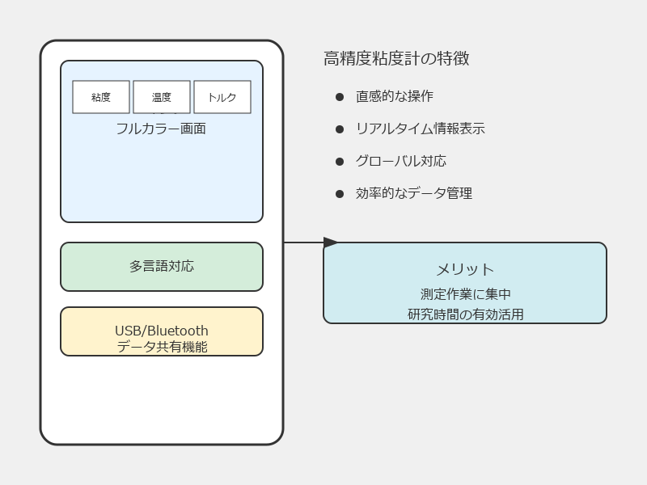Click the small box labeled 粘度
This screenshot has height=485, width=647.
click(101, 97)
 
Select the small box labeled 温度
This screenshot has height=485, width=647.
click(162, 97)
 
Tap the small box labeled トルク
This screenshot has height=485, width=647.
click(222, 97)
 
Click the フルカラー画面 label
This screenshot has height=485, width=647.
click(161, 129)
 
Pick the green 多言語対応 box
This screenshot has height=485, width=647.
click(162, 267)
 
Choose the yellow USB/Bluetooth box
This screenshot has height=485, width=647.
click(162, 331)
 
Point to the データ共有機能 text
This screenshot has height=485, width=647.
click(163, 347)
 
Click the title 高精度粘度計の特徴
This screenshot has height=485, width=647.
click(396, 58)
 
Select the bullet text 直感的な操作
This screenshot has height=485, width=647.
click(395, 96)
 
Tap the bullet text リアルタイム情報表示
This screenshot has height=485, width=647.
click(421, 129)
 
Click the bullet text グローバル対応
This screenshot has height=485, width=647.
click(401, 161)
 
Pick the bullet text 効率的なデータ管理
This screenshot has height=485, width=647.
click(414, 193)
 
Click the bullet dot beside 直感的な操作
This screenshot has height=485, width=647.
click(340, 97)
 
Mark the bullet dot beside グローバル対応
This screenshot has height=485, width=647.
click(340, 161)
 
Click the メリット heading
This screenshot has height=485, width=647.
click(465, 270)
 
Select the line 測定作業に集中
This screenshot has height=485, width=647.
click(466, 294)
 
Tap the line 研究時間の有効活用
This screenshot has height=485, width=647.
click(466, 314)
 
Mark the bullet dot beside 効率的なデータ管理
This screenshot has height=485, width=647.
click(340, 194)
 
